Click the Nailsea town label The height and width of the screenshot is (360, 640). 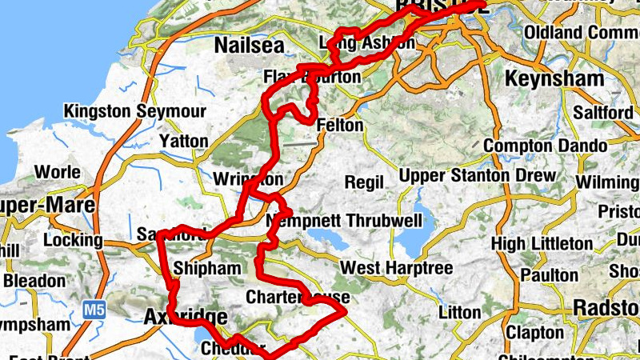pos(249,47)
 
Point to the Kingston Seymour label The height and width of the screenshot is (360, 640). pos(135,111)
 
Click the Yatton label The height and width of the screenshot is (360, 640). pos(184,142)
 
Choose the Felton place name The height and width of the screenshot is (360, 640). pos(340,126)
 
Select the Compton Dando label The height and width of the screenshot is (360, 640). pos(529,146)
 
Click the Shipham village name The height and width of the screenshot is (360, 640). pos(206,269)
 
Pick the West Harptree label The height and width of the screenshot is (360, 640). pos(396,267)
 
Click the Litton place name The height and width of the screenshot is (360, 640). pos(460,311)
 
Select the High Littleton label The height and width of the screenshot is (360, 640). pos(542,243)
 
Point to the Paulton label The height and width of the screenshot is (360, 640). pos(549,274)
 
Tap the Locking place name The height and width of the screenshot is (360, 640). pos(74,240)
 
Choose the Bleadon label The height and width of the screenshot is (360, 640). pos(34,281)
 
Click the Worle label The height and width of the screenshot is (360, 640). pos(58,172)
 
